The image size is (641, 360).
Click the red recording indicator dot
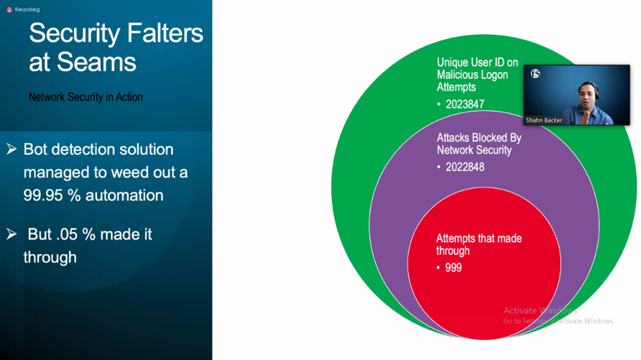click(9, 9)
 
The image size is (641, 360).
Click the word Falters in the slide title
click(165, 33)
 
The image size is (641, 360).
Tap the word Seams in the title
click(96, 62)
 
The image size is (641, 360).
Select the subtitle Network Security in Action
click(86, 97)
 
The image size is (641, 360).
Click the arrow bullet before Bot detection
click(12, 149)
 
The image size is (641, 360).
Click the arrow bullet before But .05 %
click(12, 234)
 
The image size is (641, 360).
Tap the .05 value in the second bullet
click(66, 235)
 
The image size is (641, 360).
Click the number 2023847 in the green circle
click(465, 105)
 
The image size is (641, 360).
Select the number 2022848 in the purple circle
click(465, 167)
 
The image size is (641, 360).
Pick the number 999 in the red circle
click(453, 267)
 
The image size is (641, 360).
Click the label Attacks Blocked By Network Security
click(479, 144)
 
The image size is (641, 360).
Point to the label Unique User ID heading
click(477, 75)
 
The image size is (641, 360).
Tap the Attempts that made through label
click(478, 244)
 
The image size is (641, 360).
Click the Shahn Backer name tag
click(544, 120)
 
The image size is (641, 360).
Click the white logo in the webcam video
click(535, 73)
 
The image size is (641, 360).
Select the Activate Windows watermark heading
click(540, 310)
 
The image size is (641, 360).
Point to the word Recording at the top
click(27, 9)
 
